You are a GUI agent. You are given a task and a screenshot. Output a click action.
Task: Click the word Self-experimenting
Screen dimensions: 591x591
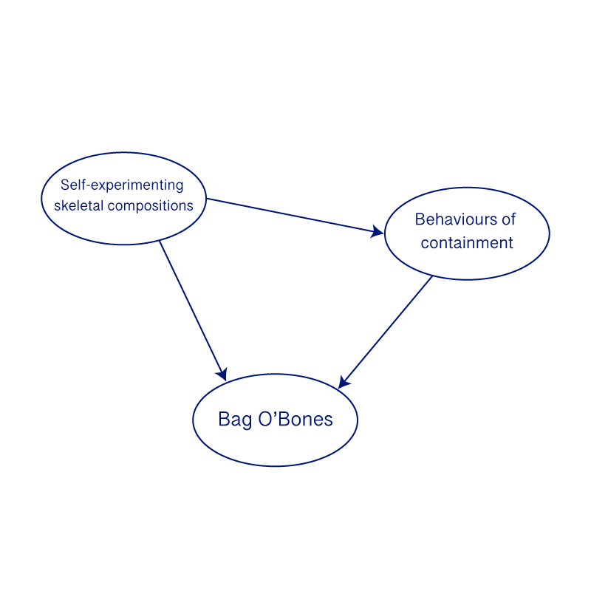122,185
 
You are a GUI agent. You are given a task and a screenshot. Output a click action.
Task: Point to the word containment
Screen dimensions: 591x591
467,242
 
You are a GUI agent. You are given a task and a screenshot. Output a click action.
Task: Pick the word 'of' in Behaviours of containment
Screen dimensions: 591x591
508,219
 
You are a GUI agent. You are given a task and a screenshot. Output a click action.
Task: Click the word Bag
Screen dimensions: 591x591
233,420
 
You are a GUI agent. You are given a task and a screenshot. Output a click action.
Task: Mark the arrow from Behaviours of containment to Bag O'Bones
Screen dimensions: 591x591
386,331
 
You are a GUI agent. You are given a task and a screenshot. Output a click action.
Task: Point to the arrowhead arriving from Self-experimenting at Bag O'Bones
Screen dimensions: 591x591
222,375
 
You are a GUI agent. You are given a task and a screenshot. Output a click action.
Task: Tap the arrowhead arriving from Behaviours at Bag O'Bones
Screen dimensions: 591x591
343,382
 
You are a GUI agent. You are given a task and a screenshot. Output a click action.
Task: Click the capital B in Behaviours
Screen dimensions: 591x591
420,219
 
